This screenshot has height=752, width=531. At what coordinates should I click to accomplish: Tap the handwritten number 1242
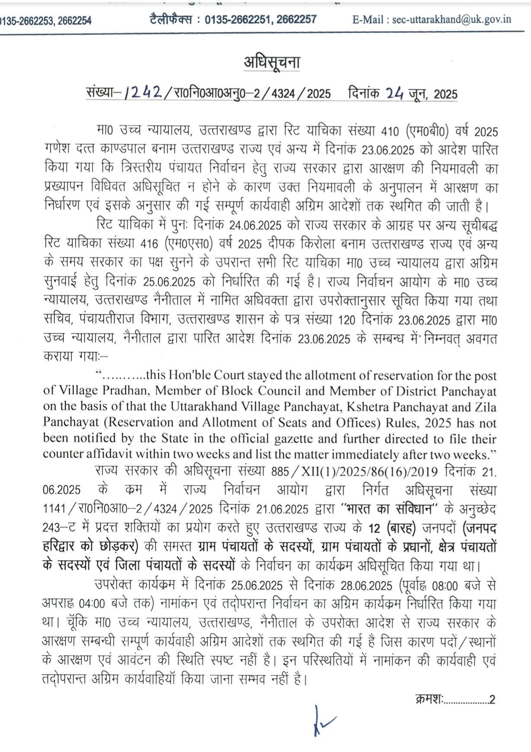pos(143,92)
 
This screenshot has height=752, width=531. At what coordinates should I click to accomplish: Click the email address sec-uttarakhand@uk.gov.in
pos(451,19)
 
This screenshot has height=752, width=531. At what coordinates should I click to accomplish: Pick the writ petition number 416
pos(150,244)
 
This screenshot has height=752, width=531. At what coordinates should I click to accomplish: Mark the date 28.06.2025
pos(366,586)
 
